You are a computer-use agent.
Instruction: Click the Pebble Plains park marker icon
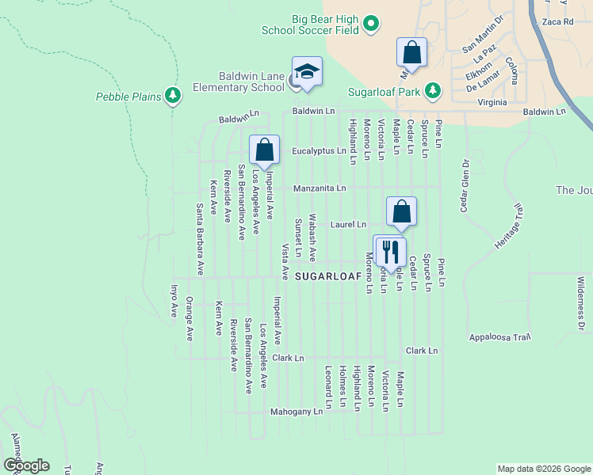tap(173, 97)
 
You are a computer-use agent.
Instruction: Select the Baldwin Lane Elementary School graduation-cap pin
tap(308, 72)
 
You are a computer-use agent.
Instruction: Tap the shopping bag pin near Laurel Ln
tap(402, 212)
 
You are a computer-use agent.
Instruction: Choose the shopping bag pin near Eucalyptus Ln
tap(264, 150)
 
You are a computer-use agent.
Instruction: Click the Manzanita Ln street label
tap(319, 188)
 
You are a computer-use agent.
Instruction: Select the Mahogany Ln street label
tap(296, 412)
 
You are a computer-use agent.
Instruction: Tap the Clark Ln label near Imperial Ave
tap(288, 358)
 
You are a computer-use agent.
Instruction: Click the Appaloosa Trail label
tap(499, 336)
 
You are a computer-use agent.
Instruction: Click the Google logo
tap(25, 465)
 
